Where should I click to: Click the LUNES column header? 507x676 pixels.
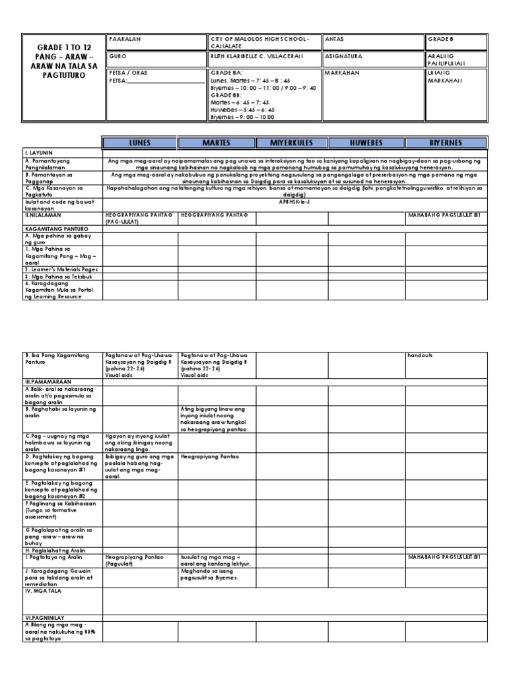140,143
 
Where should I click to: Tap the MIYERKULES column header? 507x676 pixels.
292,143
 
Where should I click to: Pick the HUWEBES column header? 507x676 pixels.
366,143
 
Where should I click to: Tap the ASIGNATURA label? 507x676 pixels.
345,57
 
